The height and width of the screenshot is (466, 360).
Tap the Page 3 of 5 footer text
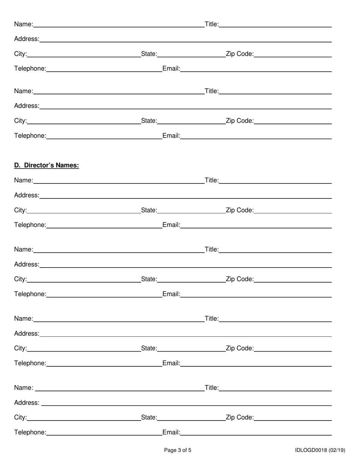point(177,450)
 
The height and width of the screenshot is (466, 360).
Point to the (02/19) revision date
point(337,450)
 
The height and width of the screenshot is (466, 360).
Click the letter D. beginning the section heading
point(17,165)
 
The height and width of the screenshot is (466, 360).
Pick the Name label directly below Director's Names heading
point(23,180)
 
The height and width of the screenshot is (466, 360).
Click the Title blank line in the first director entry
point(275,181)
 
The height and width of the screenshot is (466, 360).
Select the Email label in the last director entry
point(171,432)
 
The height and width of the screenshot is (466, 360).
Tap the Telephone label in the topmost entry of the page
point(30,69)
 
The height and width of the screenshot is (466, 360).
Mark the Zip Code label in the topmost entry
point(239,54)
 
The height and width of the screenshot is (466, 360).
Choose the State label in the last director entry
point(149,418)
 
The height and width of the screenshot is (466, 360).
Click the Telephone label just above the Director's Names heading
point(30,136)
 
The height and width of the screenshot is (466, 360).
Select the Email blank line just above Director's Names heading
point(256,137)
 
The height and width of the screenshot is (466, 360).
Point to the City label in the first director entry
point(20,210)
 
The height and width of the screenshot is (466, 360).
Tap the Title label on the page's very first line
point(211,24)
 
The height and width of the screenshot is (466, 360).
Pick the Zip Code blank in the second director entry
point(293,280)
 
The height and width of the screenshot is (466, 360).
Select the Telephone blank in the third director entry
point(104,364)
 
